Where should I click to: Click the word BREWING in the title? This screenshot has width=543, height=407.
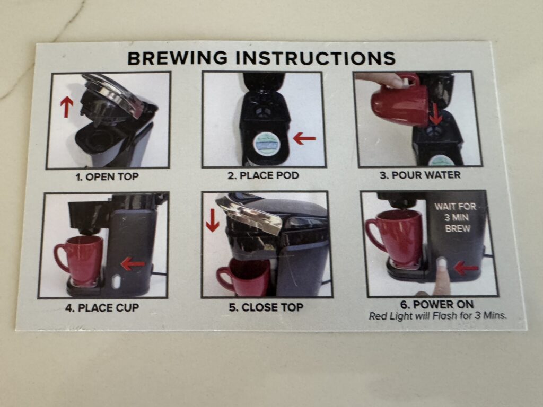click(x=178, y=58)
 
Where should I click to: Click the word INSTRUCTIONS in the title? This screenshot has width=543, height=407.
click(x=316, y=58)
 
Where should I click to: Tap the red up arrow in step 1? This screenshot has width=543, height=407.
click(x=67, y=107)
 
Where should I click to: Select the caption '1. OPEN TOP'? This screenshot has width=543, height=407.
click(x=107, y=177)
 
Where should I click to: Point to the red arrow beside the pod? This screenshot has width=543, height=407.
click(x=304, y=139)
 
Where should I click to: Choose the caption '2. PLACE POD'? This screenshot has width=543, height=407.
click(x=263, y=175)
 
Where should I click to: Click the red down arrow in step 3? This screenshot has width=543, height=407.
click(x=436, y=114)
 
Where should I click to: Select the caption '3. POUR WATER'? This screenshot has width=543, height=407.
click(x=420, y=175)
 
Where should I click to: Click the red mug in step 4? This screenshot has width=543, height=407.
click(x=80, y=260)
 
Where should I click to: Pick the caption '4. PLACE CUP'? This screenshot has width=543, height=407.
click(x=102, y=308)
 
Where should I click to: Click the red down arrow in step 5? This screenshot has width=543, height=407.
click(x=212, y=220)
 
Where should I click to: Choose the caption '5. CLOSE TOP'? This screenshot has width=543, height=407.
click(x=266, y=307)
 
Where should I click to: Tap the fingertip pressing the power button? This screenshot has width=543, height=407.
click(x=441, y=267)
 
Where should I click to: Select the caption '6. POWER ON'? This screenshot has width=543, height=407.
click(x=437, y=305)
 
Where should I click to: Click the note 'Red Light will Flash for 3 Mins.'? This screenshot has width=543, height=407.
click(x=437, y=316)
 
